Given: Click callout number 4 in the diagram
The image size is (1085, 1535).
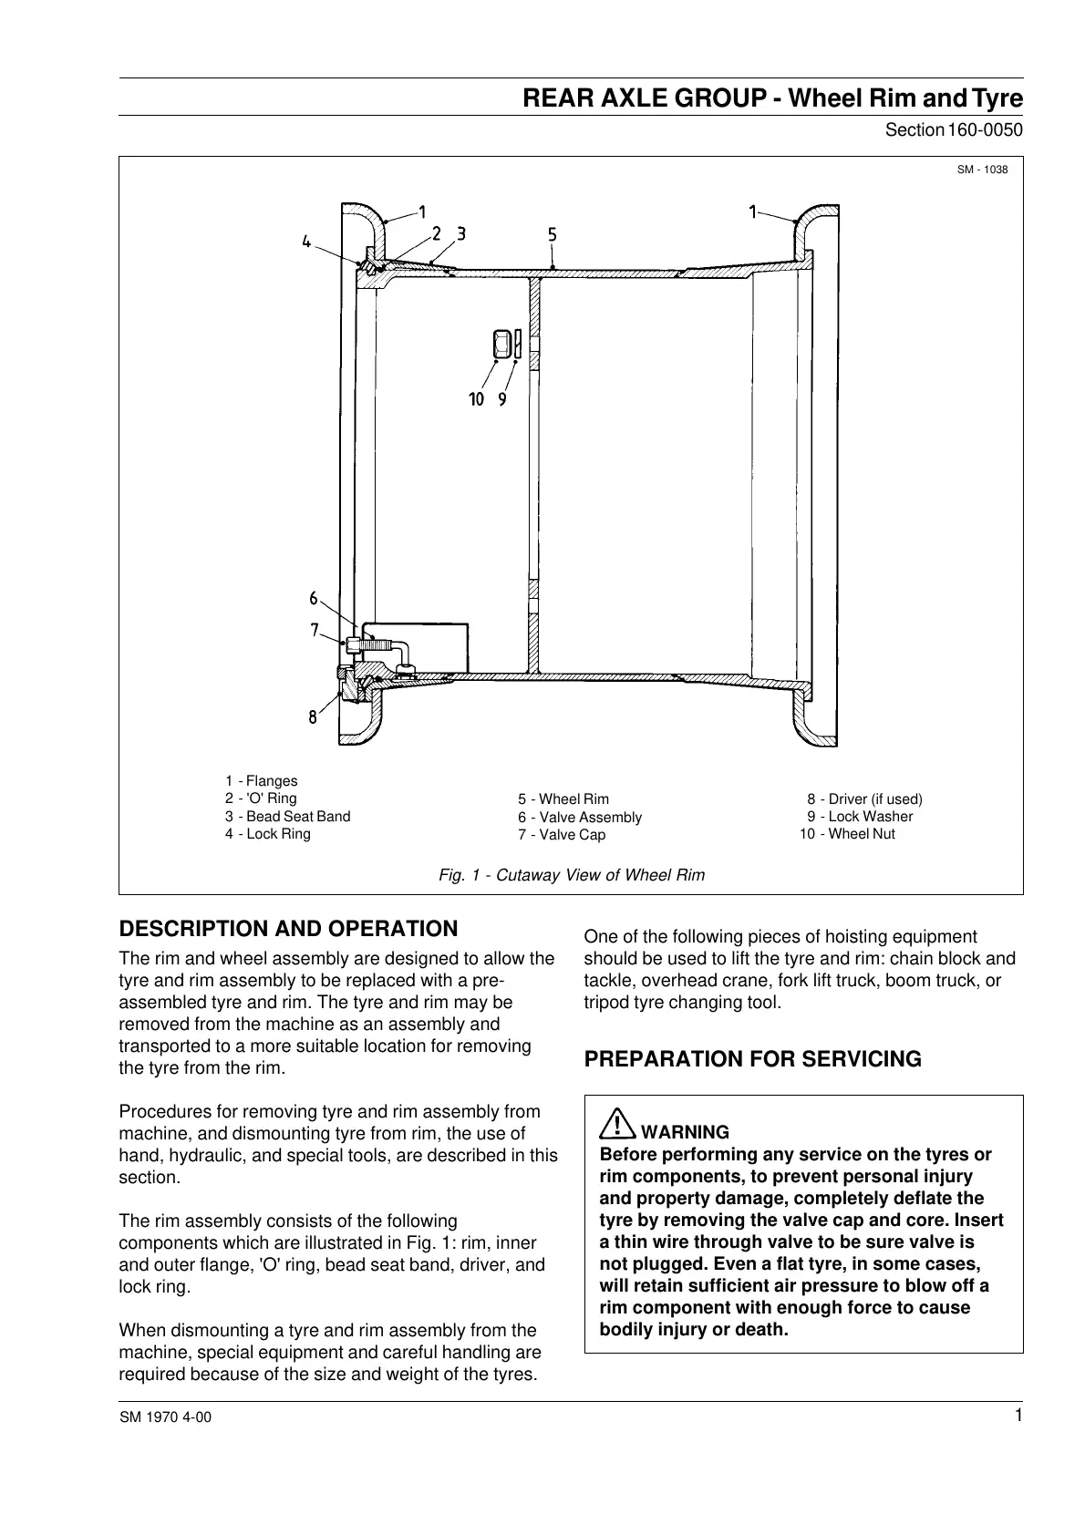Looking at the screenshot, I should click(306, 242).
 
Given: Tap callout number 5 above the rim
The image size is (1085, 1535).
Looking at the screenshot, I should click(553, 234).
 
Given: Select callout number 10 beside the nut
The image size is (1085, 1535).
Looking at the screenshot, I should click(476, 398).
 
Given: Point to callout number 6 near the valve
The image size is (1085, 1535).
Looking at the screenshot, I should click(314, 599).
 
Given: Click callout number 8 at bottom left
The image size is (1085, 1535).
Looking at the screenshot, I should click(313, 716).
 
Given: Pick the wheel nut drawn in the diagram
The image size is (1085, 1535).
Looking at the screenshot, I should click(501, 345).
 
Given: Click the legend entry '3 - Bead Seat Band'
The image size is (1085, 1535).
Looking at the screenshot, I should click(287, 816).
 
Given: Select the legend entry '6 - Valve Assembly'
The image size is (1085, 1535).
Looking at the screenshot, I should click(580, 817).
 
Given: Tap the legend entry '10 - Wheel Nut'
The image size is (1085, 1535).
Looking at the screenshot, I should click(847, 833).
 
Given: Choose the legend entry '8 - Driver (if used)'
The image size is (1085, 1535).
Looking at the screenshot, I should click(864, 798).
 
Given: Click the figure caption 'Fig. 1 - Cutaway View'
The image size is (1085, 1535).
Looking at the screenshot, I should click(572, 875).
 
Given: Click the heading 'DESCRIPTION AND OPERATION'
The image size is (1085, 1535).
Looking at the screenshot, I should click(289, 929).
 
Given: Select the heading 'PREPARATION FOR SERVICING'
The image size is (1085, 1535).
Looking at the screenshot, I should click(752, 1059).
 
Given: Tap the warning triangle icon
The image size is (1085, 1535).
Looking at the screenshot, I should click(617, 1124).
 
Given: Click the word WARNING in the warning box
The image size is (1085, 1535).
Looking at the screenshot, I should click(686, 1132).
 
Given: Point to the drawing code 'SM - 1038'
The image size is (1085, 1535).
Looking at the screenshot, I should click(982, 170).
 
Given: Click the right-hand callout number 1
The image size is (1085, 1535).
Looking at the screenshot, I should click(754, 212).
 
